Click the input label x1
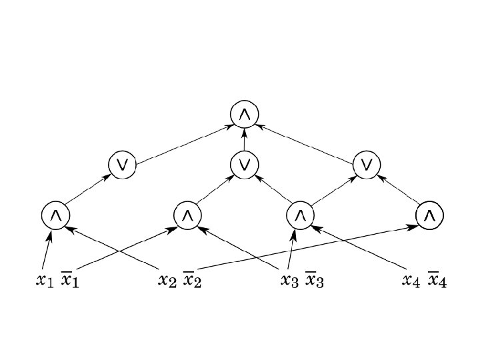(43, 280)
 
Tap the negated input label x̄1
(70, 280)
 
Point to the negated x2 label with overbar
(192, 280)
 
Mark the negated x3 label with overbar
(315, 280)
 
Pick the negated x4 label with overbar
(437, 280)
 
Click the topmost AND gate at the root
(245, 115)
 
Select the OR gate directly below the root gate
(245, 163)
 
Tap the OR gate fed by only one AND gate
(123, 164)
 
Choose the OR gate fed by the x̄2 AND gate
(367, 164)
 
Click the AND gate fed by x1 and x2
(55, 215)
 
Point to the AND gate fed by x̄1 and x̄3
(187, 215)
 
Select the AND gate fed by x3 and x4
(300, 215)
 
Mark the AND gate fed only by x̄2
(429, 215)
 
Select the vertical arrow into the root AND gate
(245, 139)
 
